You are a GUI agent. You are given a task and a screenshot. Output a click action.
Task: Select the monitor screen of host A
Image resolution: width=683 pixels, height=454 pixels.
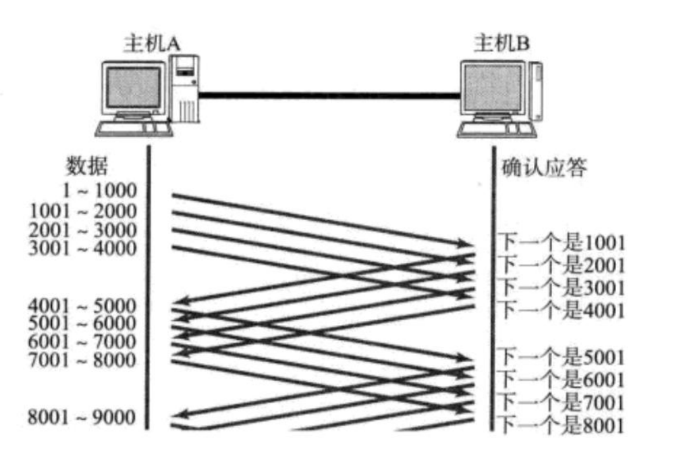tap(134, 88)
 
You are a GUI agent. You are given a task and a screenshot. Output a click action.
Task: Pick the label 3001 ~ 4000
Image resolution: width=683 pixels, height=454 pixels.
tap(82, 248)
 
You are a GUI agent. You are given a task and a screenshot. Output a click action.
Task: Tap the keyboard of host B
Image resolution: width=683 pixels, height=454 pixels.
tap(495, 129)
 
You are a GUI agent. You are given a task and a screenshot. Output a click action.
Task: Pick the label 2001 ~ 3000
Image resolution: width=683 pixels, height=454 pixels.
tap(82, 230)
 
